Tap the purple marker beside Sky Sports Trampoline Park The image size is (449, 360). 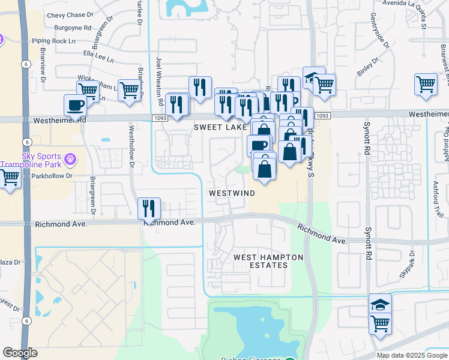71,159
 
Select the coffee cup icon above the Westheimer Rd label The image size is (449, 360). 76,105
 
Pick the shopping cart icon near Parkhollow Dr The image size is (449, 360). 10,178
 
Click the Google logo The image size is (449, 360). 20,353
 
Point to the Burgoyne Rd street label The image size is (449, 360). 71,28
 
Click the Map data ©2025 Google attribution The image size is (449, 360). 411,355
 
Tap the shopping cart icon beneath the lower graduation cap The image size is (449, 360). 380,324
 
